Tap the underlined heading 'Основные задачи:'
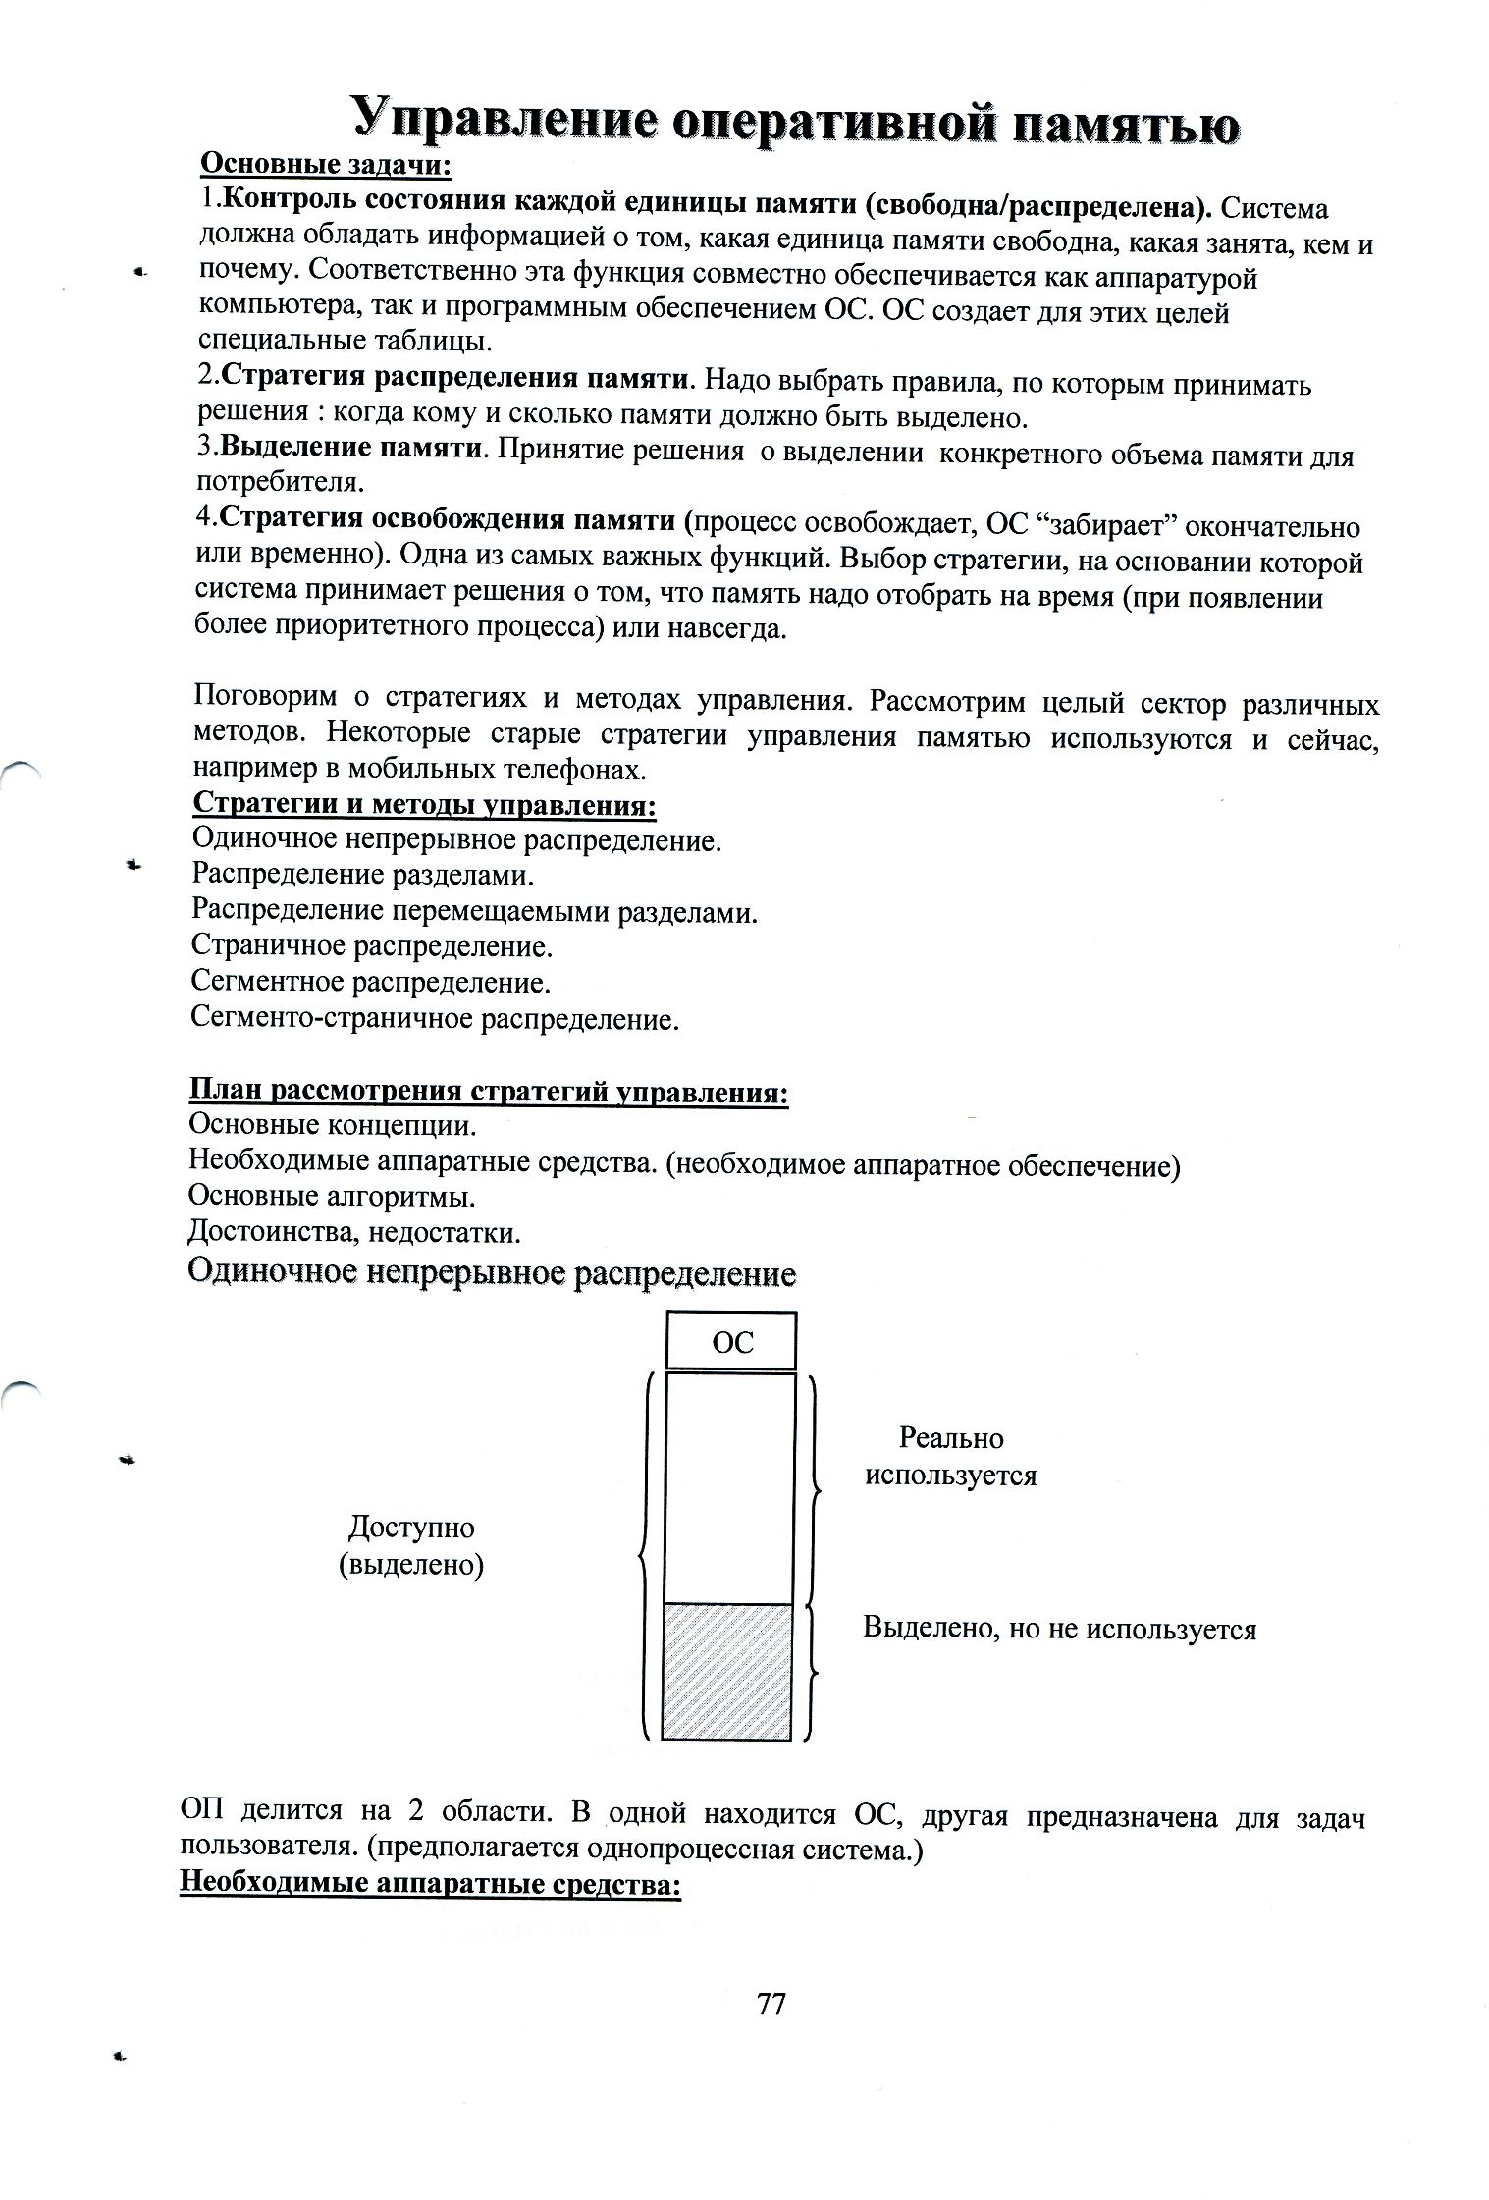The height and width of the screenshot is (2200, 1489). (x=325, y=165)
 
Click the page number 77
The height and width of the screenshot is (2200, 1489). (x=771, y=2004)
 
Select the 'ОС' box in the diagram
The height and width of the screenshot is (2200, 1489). (x=731, y=1341)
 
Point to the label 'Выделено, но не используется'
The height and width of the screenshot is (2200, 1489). (x=1059, y=1629)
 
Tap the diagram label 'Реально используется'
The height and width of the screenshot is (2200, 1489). (x=950, y=1457)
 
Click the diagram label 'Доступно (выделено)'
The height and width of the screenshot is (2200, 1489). (x=411, y=1545)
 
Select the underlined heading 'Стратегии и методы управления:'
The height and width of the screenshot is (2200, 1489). (x=424, y=805)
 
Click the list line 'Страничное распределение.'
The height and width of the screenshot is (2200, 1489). (x=372, y=946)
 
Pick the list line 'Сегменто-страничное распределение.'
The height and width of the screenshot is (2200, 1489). (x=435, y=1018)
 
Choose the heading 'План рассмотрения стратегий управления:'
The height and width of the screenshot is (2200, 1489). (x=488, y=1093)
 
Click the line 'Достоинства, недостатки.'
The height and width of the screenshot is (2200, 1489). (x=354, y=1231)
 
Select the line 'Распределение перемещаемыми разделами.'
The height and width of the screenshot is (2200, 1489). (x=475, y=912)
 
